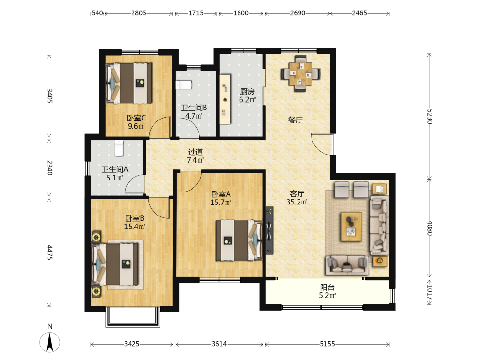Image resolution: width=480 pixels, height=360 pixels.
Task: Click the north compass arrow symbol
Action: [49, 342]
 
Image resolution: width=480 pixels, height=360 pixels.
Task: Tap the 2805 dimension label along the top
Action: [139, 13]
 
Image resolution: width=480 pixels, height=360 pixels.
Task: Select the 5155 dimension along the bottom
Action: [327, 344]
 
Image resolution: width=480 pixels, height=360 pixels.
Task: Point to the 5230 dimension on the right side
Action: [429, 116]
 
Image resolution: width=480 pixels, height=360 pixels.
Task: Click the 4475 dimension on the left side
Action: [49, 252]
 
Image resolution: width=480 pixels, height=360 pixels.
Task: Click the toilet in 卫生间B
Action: [184, 85]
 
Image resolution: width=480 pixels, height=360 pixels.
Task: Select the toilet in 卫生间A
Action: [119, 148]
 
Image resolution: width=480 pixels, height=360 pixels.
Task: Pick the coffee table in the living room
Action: [352, 227]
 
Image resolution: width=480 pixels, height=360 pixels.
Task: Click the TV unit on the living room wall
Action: [269, 230]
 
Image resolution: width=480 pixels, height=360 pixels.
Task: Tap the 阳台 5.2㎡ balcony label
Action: [327, 291]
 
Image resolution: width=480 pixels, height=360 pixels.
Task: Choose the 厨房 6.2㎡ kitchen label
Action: [247, 96]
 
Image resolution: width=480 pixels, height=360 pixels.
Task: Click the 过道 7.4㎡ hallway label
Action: [195, 156]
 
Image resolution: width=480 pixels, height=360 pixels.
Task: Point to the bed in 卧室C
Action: [129, 83]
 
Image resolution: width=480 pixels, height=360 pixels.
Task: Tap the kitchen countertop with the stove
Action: [225, 99]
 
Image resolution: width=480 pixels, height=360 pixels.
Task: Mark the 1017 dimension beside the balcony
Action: [429, 292]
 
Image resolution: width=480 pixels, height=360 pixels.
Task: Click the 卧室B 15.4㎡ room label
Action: [134, 223]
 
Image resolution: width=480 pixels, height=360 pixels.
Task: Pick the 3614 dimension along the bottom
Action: [219, 344]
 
